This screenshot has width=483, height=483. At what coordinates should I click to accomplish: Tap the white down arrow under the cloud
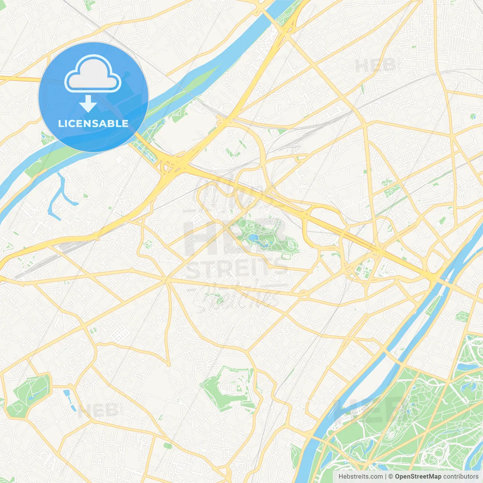pyautogui.click(x=88, y=104)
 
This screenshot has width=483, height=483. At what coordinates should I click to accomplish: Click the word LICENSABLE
pyautogui.click(x=93, y=123)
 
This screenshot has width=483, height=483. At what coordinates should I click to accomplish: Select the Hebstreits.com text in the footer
pyautogui.click(x=360, y=477)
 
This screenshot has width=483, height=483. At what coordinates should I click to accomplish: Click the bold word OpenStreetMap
pyautogui.click(x=418, y=477)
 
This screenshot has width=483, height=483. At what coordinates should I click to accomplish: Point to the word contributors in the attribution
pyautogui.click(x=461, y=477)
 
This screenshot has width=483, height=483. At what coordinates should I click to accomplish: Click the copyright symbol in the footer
pyautogui.click(x=391, y=477)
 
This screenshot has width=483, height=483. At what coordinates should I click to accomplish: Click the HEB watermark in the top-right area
pyautogui.click(x=375, y=66)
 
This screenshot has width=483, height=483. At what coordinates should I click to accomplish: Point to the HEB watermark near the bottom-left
pyautogui.click(x=98, y=410)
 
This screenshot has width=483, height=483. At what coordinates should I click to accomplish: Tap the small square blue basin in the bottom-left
pyautogui.click(x=67, y=393)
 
